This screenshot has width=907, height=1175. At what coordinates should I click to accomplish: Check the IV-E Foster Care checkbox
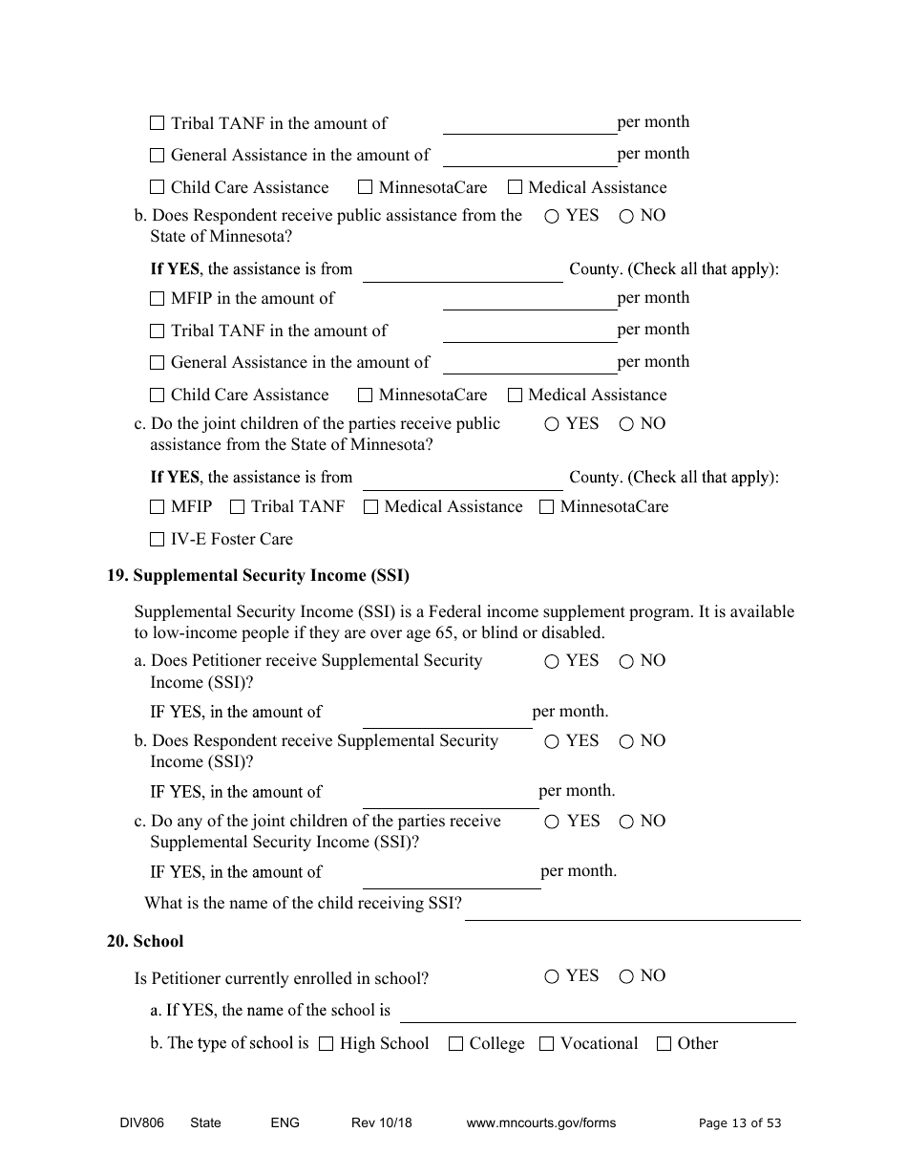click(x=158, y=540)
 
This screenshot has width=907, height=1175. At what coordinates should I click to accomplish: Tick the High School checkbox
click(x=326, y=1044)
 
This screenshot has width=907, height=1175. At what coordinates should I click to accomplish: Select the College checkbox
click(x=455, y=1044)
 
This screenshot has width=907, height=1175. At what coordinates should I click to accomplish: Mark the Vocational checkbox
click(x=546, y=1044)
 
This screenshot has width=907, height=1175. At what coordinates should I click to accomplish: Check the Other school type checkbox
click(x=664, y=1044)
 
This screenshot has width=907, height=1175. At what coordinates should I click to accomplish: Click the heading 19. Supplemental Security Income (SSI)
click(x=258, y=576)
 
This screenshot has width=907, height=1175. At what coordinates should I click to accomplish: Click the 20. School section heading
click(x=145, y=942)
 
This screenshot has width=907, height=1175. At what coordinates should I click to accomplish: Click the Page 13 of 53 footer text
click(x=739, y=1123)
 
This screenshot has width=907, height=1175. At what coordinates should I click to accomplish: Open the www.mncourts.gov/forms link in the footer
click(x=540, y=1123)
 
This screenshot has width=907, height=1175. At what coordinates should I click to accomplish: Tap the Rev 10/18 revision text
click(x=381, y=1123)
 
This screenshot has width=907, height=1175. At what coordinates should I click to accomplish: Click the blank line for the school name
click(x=597, y=1013)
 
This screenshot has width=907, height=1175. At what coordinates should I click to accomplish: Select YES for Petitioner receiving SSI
click(x=552, y=661)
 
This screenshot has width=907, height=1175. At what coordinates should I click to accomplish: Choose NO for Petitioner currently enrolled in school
click(x=626, y=976)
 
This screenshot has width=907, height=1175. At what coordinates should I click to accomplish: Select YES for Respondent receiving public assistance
click(x=552, y=217)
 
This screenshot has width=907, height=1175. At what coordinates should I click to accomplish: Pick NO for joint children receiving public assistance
click(x=626, y=425)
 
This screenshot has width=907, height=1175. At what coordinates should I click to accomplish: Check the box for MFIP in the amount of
click(x=158, y=299)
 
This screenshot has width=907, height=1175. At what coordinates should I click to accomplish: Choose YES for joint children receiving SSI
click(x=552, y=822)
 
